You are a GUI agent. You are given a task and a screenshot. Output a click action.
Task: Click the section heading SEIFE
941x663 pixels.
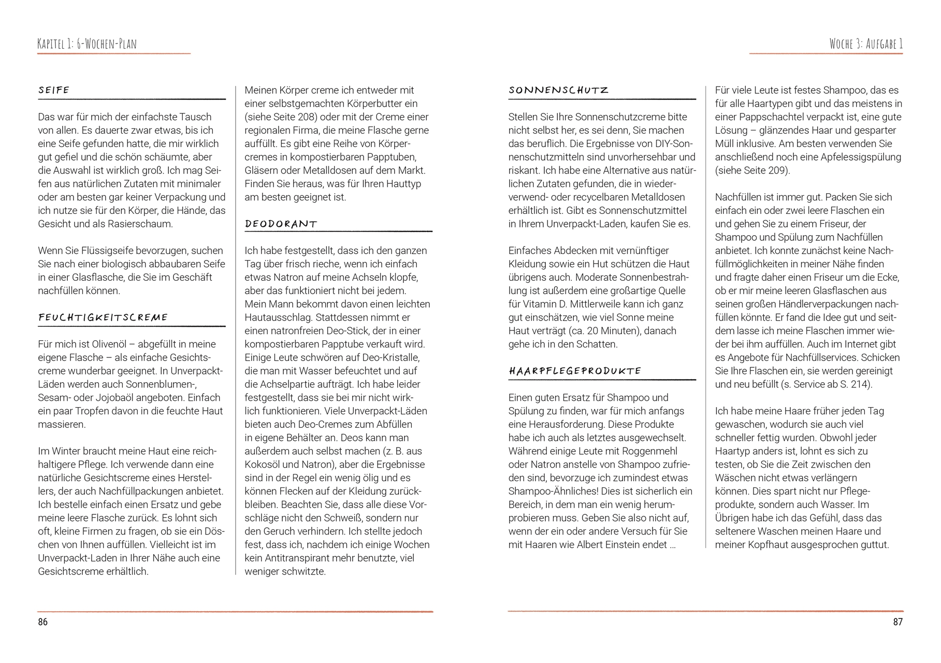click(54, 90)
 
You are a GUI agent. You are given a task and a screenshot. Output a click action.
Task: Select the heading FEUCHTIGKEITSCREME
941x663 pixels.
click(103, 318)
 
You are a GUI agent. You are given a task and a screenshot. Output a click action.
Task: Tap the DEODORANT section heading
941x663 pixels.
click(281, 224)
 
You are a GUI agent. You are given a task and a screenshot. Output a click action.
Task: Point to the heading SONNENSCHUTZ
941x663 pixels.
click(558, 90)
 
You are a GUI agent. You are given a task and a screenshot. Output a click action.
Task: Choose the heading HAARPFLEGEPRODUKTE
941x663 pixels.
click(575, 371)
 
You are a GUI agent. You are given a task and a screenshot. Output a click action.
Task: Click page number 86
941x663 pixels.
click(42, 622)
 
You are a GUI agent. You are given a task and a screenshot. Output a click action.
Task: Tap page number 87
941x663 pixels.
click(897, 622)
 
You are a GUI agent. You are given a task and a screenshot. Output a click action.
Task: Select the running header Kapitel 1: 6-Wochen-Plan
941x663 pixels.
click(87, 44)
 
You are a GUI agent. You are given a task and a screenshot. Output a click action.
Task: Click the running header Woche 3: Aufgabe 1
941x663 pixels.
click(866, 44)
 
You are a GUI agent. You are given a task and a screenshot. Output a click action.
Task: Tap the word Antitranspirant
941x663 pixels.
click(300, 558)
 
